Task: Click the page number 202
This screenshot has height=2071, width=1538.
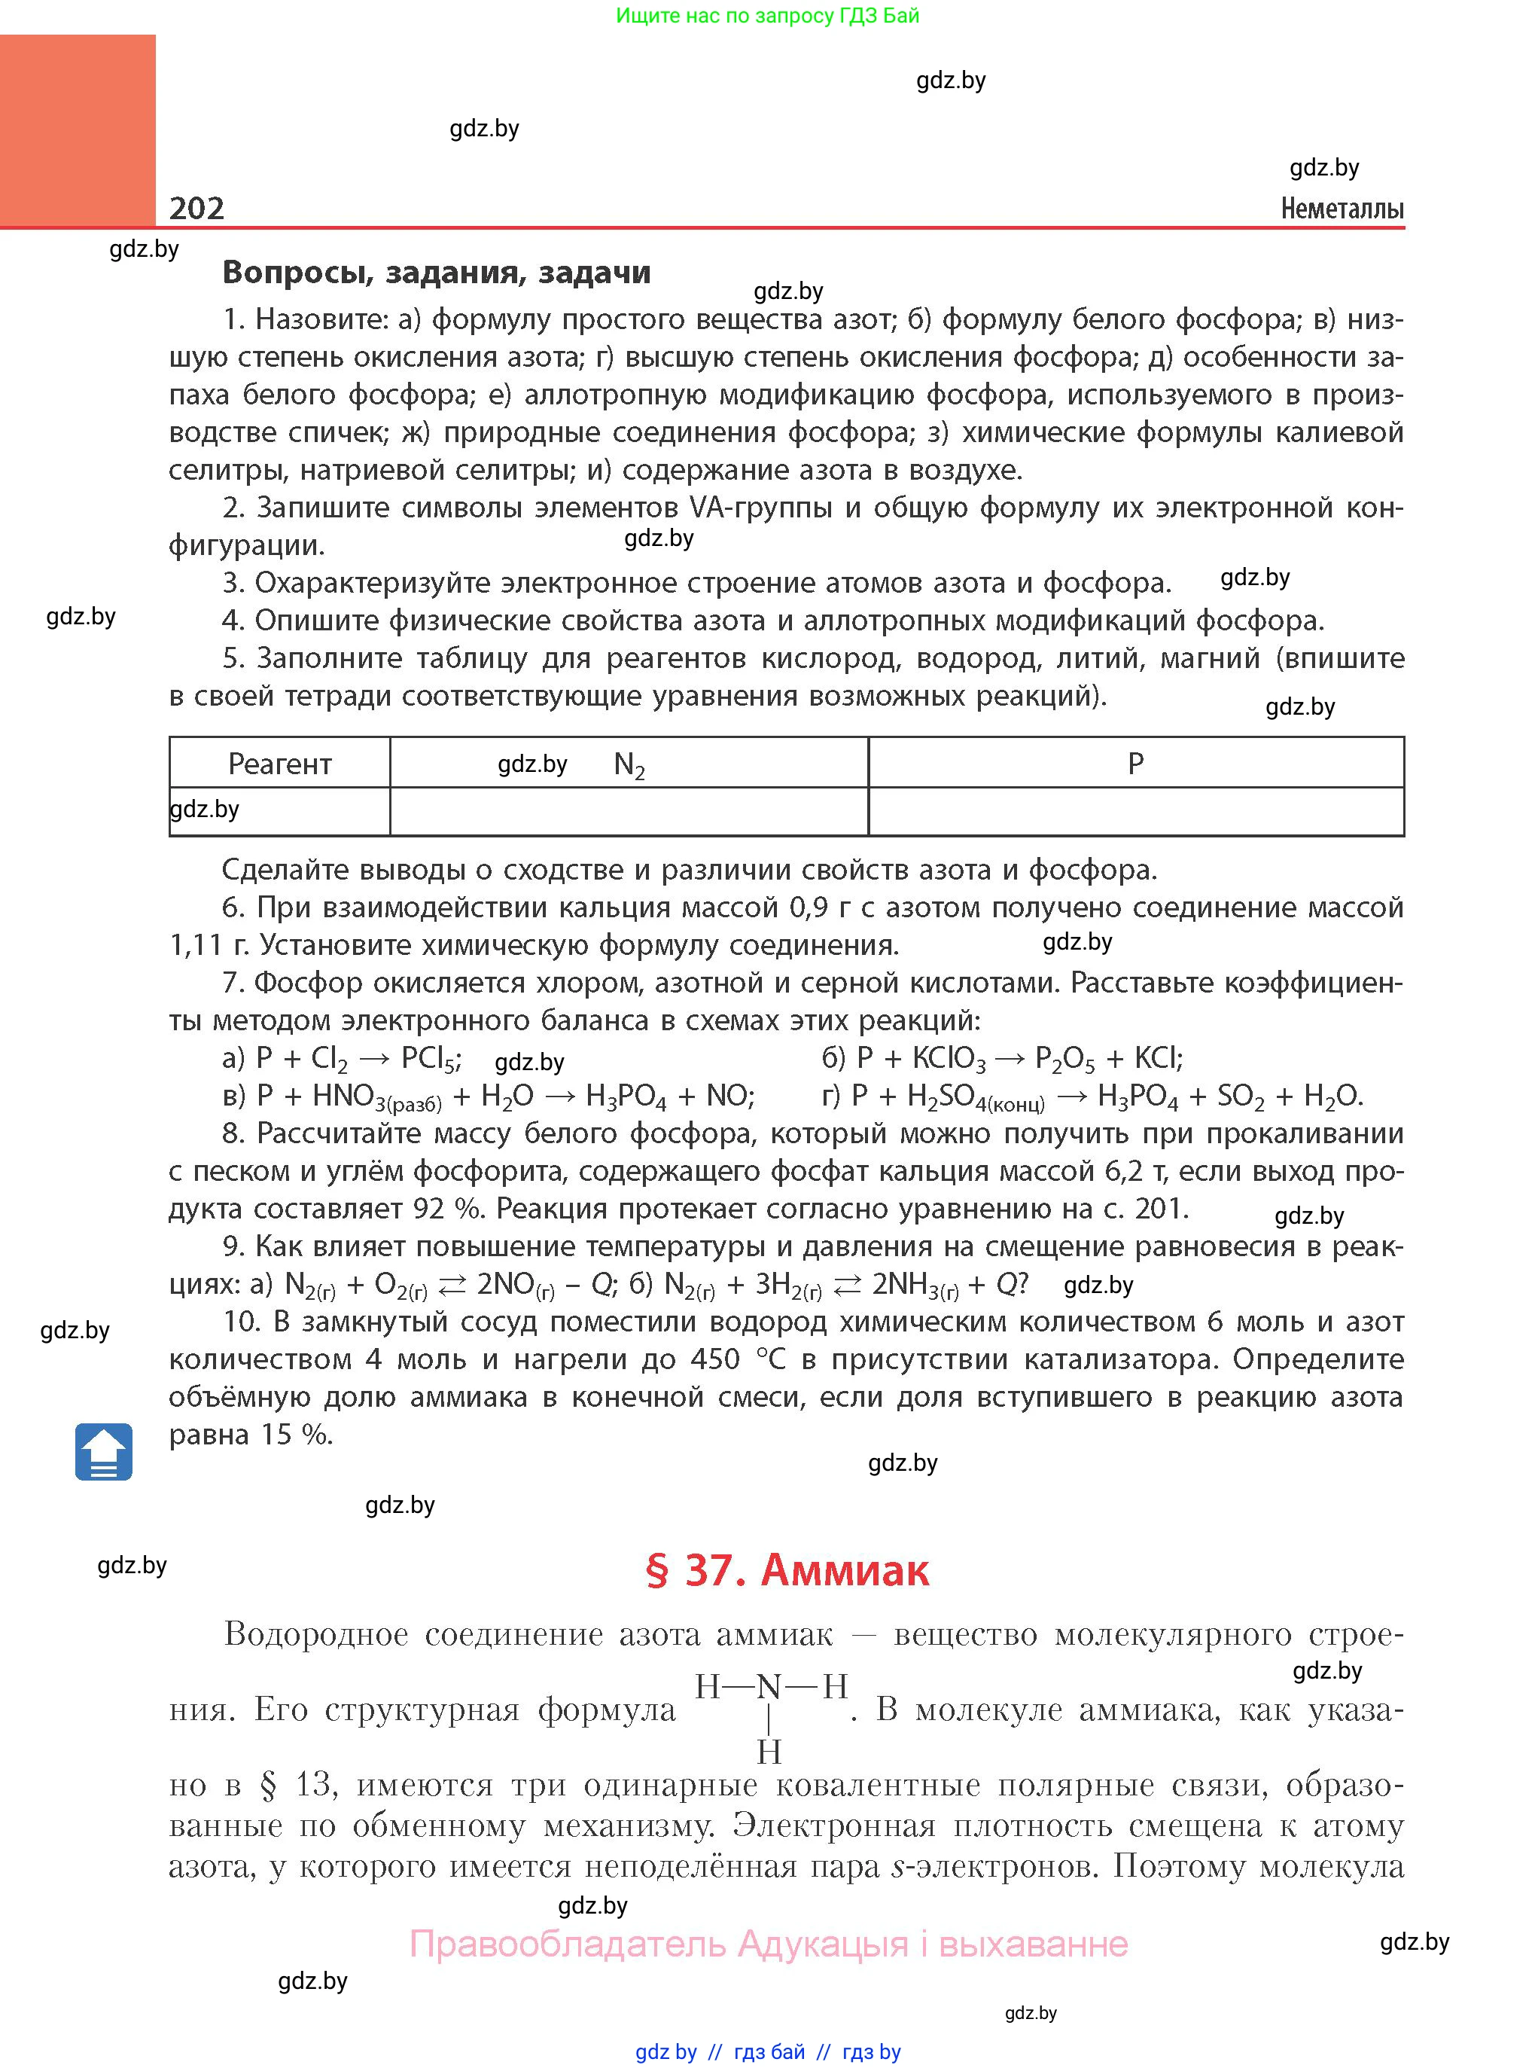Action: (x=196, y=207)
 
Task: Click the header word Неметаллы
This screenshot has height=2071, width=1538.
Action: (x=1342, y=209)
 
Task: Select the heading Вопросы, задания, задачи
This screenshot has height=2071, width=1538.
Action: (x=437, y=272)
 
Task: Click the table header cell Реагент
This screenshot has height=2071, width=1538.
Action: (x=279, y=764)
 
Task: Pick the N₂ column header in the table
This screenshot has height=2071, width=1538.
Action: (x=629, y=764)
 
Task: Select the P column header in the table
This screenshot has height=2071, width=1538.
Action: (x=1135, y=764)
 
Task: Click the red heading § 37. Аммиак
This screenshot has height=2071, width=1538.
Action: (x=787, y=1569)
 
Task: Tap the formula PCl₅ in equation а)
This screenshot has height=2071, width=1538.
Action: (x=429, y=1059)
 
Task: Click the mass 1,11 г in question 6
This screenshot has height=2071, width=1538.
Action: (x=209, y=945)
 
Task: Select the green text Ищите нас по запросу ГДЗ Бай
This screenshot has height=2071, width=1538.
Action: (x=767, y=15)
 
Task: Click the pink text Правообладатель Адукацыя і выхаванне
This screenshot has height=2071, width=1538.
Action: (x=768, y=1944)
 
